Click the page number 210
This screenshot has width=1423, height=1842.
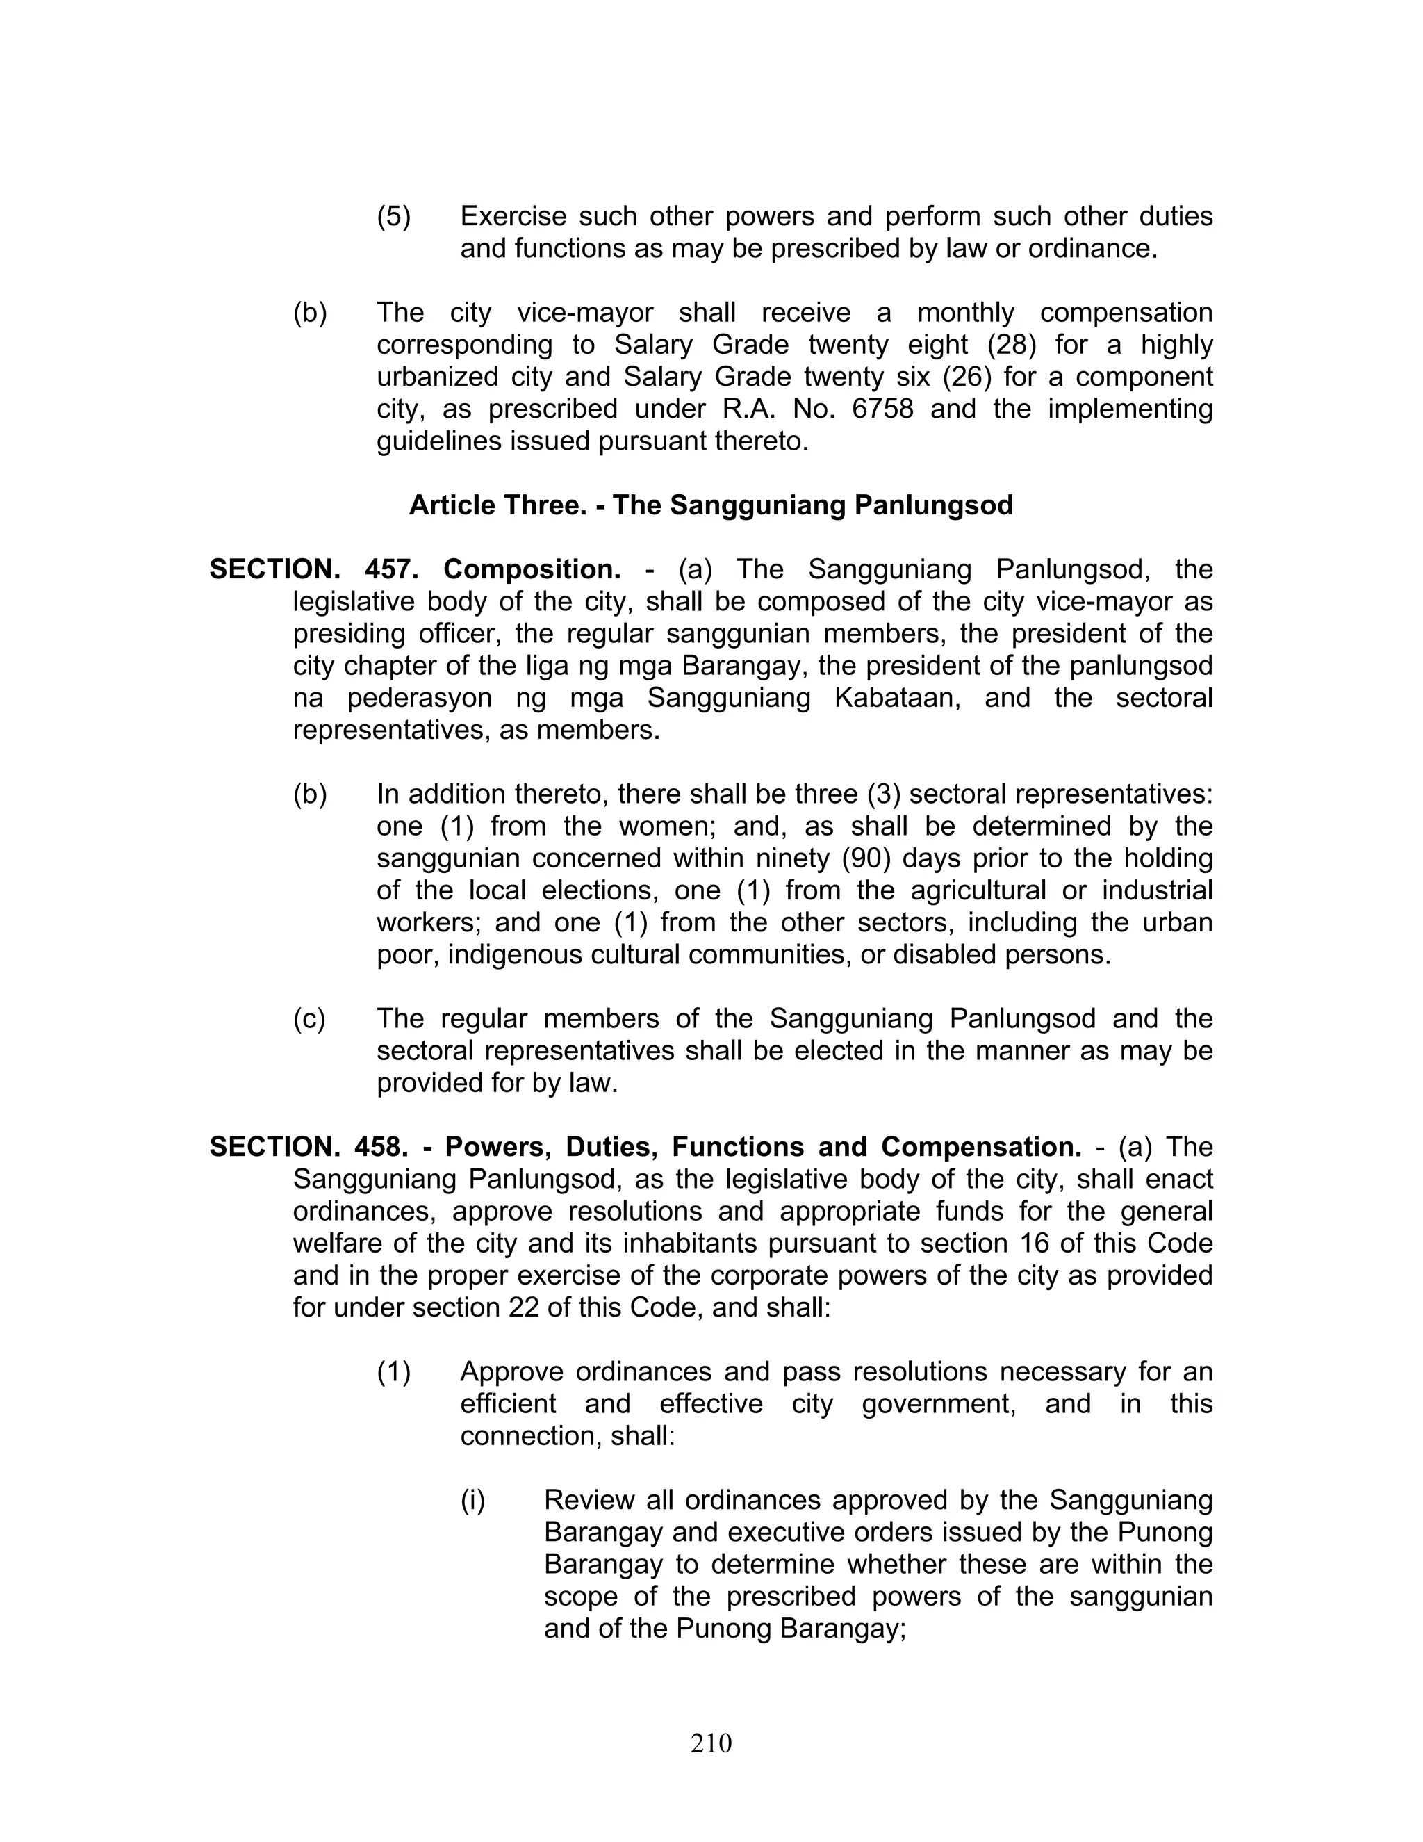pos(711,1743)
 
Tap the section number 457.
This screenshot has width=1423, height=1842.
pos(391,569)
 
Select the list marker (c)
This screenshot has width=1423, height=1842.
pos(309,1019)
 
